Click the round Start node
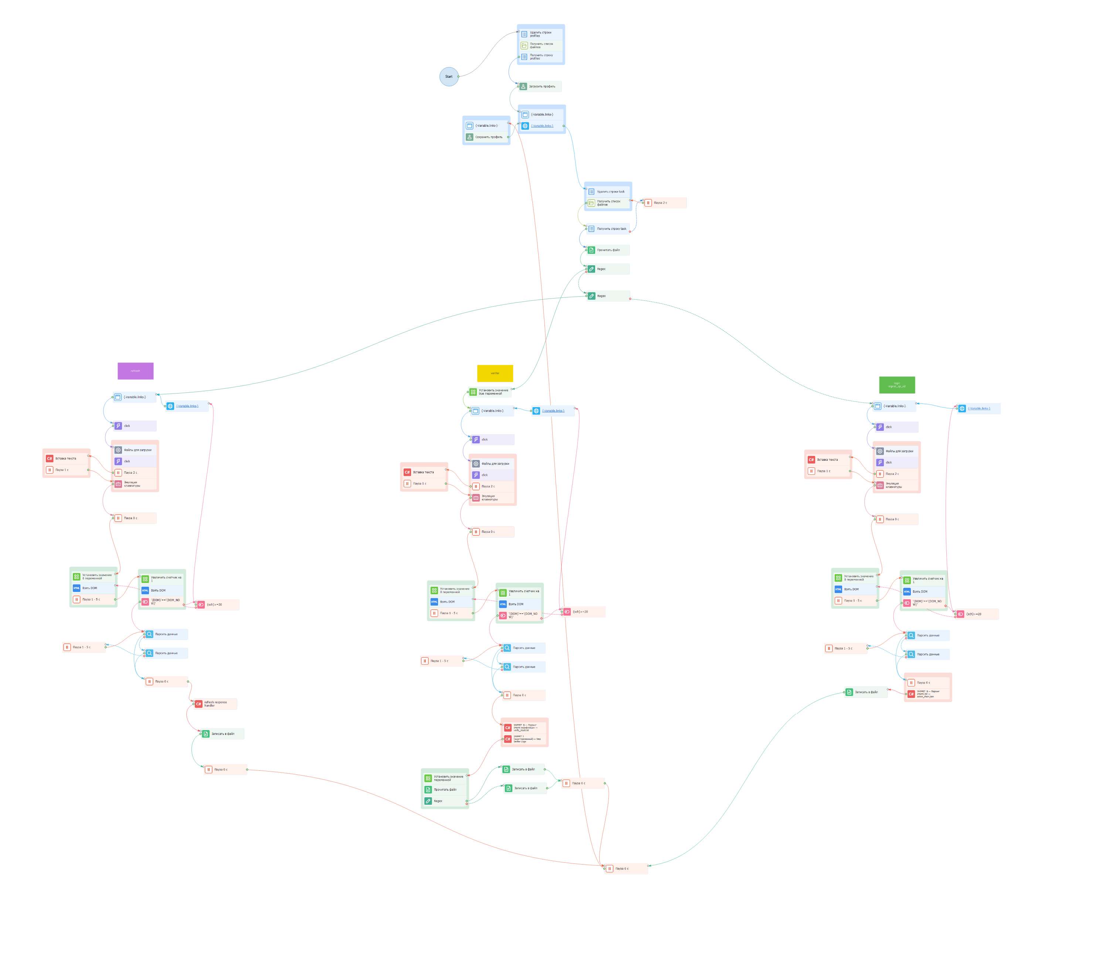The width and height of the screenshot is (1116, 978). click(x=448, y=76)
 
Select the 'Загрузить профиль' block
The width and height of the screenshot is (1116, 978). click(x=540, y=86)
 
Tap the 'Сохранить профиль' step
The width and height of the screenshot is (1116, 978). click(x=488, y=137)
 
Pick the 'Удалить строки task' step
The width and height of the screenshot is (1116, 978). click(x=609, y=191)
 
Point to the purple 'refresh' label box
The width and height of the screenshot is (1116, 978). click(x=135, y=371)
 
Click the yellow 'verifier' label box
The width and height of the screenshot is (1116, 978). click(x=495, y=373)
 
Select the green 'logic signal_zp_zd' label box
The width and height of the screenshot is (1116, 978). click(x=896, y=385)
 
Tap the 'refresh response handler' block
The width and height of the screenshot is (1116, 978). click(x=216, y=704)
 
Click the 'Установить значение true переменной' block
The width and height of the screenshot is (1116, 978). click(x=491, y=392)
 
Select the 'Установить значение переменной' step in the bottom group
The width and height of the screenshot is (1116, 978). click(x=445, y=778)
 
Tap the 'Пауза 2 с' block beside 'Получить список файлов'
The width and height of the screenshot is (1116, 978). click(x=665, y=203)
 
